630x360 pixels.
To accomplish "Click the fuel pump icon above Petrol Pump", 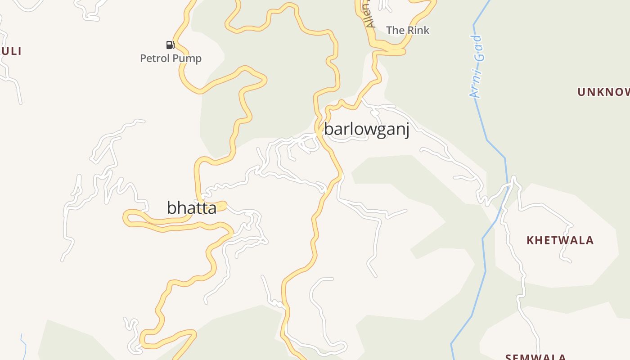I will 170,45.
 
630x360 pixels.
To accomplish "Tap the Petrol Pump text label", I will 171,58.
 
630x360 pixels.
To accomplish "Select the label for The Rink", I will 408,30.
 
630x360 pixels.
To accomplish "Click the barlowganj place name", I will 366,130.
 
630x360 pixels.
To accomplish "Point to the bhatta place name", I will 191,208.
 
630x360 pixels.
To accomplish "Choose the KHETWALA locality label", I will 560,240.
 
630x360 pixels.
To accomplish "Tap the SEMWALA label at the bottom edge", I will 535,357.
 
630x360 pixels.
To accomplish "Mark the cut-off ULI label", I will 11,51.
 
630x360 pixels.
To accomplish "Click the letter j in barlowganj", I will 406,130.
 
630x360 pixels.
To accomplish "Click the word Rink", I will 418,30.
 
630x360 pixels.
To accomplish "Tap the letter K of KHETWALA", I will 530,240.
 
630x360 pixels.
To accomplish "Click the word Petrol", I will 155,58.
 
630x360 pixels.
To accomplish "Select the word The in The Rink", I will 396,30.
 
